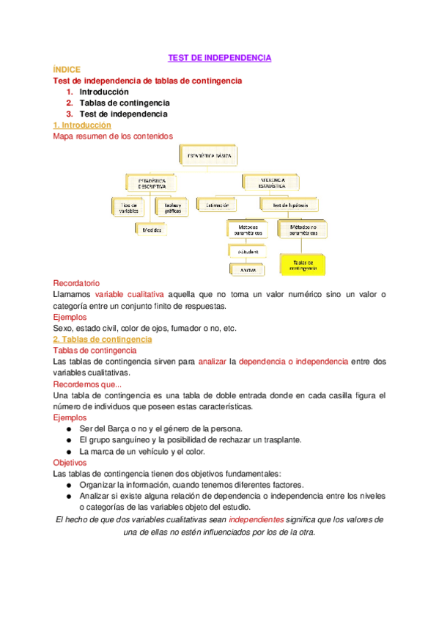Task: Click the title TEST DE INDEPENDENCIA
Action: click(x=220, y=57)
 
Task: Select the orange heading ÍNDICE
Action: click(x=67, y=69)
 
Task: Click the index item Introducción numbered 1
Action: click(x=104, y=92)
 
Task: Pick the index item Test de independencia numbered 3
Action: click(x=123, y=114)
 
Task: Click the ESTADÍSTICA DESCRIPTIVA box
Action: click(x=148, y=183)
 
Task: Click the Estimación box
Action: click(x=218, y=205)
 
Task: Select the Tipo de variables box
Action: click(x=129, y=207)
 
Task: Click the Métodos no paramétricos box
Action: click(x=303, y=230)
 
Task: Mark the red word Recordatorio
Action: click(x=77, y=283)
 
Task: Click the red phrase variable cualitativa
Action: click(x=130, y=294)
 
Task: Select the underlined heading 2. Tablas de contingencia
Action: click(x=103, y=340)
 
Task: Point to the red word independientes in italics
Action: click(x=256, y=519)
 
